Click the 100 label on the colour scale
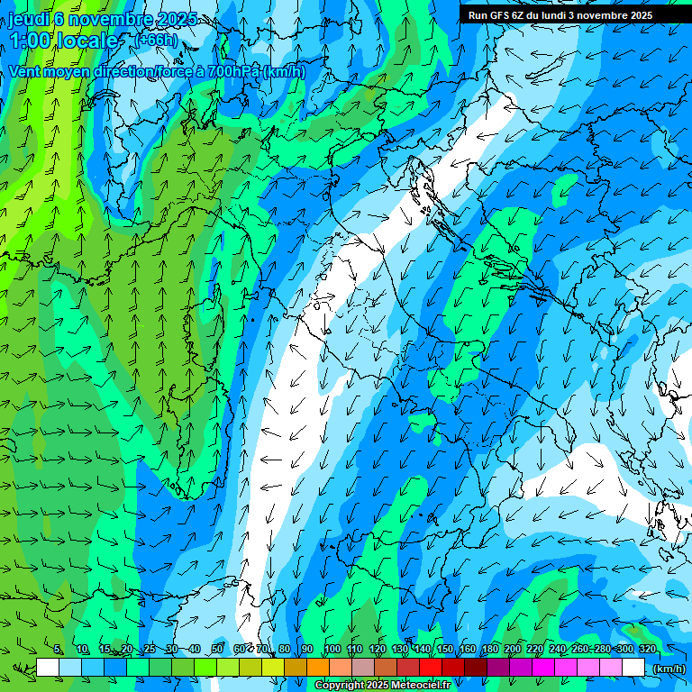point(332,650)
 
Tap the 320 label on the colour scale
point(648,650)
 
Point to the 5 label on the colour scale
point(58,650)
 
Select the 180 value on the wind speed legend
point(490,650)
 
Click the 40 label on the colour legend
point(194,650)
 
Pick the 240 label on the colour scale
point(558,650)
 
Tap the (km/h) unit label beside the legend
point(668,669)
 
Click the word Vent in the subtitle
point(25,71)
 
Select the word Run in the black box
point(478,15)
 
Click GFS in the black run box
point(503,15)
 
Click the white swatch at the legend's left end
point(48,668)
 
